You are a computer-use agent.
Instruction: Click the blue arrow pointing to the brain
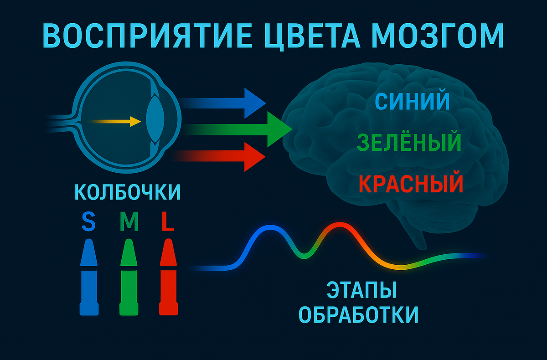pyautogui.click(x=228, y=103)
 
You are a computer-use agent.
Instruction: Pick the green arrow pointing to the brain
pyautogui.click(x=242, y=130)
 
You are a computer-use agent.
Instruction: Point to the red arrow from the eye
pyautogui.click(x=223, y=156)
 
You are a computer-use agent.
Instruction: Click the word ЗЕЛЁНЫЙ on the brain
pyautogui.click(x=409, y=143)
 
